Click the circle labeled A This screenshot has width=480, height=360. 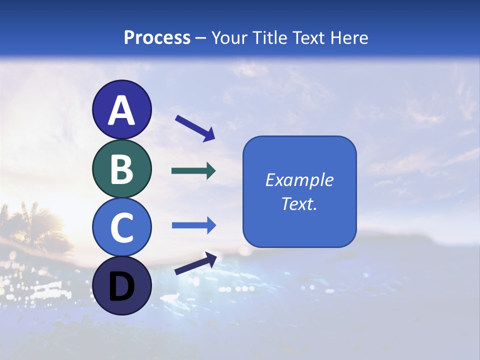pyautogui.click(x=121, y=110)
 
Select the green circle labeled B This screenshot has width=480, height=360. pyautogui.click(x=121, y=169)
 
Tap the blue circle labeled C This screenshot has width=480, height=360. pyautogui.click(x=121, y=227)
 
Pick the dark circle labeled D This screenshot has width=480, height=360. pyautogui.click(x=121, y=286)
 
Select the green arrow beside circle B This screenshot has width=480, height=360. pyautogui.click(x=193, y=171)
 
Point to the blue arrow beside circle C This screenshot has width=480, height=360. pyautogui.click(x=193, y=225)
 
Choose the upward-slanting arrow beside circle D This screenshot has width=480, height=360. pyautogui.click(x=195, y=263)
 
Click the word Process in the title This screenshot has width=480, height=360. pyautogui.click(x=157, y=37)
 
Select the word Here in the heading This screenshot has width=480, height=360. pyautogui.click(x=349, y=37)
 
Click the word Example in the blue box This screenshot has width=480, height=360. pyautogui.click(x=299, y=180)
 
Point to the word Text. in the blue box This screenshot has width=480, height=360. pyautogui.click(x=299, y=203)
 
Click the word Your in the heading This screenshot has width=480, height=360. pyautogui.click(x=229, y=37)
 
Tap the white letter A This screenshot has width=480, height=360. pyautogui.click(x=121, y=111)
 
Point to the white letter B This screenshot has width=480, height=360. pyautogui.click(x=121, y=169)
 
